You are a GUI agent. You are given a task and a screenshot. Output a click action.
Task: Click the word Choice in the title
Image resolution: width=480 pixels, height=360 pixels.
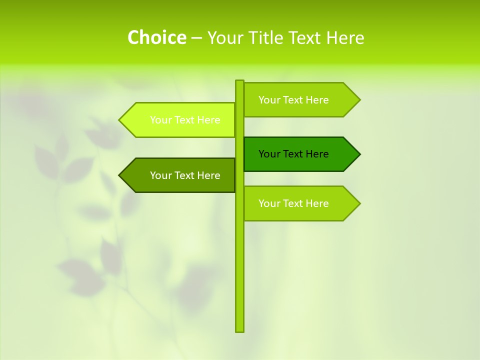[x=156, y=37]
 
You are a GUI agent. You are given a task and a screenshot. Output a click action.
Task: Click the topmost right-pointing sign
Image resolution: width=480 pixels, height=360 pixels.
[x=300, y=100]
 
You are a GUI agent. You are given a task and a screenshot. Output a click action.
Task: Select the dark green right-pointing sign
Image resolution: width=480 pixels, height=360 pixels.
[x=300, y=154]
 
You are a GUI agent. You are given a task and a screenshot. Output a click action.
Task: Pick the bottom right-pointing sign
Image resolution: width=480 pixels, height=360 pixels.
[x=300, y=203]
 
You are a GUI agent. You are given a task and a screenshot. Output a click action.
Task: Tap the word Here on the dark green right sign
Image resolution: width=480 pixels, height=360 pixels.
[x=317, y=154]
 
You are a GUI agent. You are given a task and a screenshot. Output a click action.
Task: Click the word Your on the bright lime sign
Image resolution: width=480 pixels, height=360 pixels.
[x=161, y=120]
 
